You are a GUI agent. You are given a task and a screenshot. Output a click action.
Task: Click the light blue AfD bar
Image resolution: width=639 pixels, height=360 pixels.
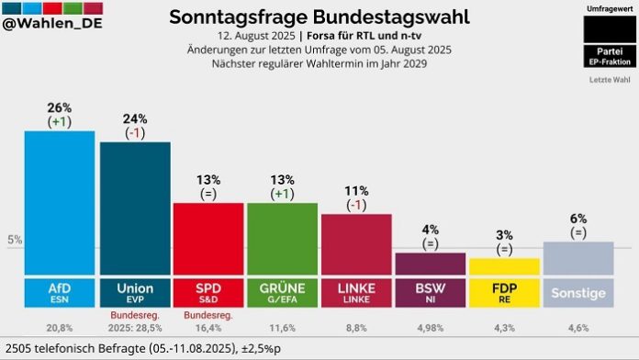[59, 202]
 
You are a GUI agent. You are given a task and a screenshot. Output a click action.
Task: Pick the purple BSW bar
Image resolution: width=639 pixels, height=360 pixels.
[430, 263]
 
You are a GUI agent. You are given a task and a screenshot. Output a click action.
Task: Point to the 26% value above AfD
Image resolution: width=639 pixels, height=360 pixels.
[59, 107]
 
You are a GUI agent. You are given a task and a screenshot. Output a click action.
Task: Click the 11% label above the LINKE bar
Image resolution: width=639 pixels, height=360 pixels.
[355, 191]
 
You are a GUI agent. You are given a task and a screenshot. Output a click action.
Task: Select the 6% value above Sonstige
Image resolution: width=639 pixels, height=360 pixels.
[577, 219]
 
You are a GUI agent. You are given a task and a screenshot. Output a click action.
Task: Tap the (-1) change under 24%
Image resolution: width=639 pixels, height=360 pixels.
[134, 133]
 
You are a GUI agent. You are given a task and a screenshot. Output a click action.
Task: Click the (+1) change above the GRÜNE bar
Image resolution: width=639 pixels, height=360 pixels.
[282, 194]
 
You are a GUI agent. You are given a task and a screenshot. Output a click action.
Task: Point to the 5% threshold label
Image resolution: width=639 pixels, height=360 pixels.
[15, 241]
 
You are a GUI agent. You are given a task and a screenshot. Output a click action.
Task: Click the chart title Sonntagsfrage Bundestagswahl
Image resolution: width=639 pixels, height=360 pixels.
[319, 17]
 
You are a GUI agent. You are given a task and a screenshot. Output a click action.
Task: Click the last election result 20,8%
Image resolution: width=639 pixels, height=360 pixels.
[59, 327]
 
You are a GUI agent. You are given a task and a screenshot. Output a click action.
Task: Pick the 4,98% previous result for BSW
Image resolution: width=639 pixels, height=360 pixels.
[430, 327]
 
